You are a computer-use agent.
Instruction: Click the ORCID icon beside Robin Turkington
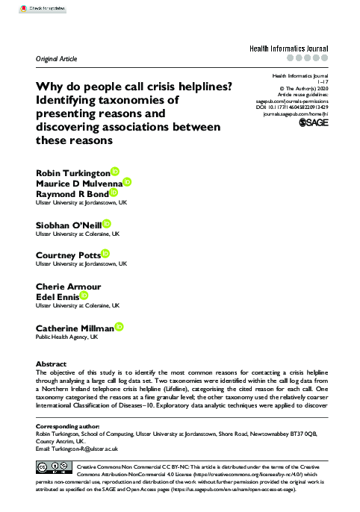(x=114, y=171)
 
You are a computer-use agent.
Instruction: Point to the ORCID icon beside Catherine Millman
(x=120, y=328)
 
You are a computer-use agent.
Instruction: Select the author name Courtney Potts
(x=68, y=255)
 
